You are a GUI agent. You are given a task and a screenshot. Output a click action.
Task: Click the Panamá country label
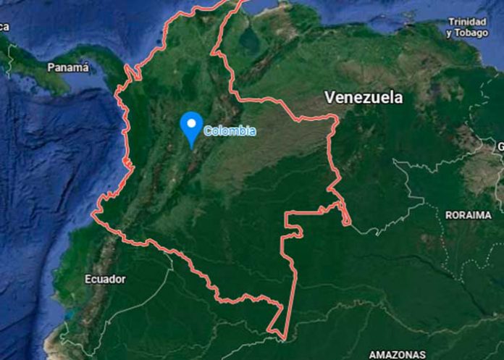pyautogui.click(x=67, y=67)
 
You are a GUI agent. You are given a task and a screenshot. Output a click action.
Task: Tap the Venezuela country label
pyautogui.click(x=364, y=97)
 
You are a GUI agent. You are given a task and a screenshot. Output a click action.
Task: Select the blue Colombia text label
pyautogui.click(x=230, y=131)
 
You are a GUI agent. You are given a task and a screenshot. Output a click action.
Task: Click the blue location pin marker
pyautogui.click(x=191, y=127)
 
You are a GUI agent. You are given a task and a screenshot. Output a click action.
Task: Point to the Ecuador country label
pyautogui.click(x=105, y=279)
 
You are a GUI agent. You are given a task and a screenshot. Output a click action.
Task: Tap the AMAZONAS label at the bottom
pyautogui.click(x=397, y=354)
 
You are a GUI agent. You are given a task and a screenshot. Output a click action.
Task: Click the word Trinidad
pyautogui.click(x=468, y=22)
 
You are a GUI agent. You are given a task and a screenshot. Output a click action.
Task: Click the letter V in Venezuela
pyautogui.click(x=330, y=97)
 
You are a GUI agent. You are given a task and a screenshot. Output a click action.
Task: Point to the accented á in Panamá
pyautogui.click(x=85, y=67)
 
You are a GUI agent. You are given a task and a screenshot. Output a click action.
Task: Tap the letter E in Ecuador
pyautogui.click(x=88, y=279)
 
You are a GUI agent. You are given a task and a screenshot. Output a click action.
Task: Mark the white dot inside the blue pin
pyautogui.click(x=191, y=123)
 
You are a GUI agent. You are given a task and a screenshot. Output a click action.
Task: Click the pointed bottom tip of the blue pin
pyautogui.click(x=191, y=147)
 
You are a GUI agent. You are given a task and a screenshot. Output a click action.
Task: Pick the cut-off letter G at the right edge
pyautogui.click(x=500, y=147)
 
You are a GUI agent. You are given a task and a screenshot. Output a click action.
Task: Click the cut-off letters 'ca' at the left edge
pyautogui.click(x=4, y=27)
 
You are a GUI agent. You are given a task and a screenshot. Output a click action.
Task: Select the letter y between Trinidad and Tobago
pyautogui.click(x=450, y=33)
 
